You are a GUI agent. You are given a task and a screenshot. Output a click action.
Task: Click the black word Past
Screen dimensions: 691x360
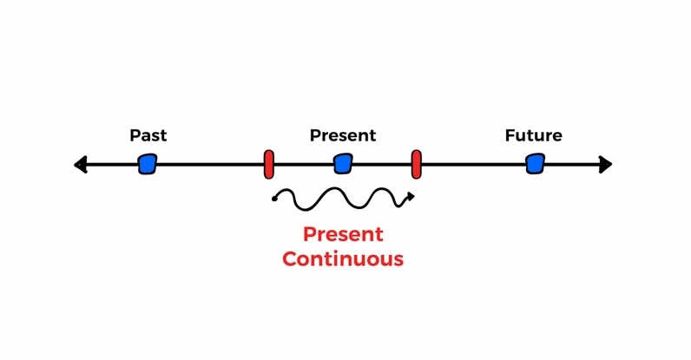[148, 135]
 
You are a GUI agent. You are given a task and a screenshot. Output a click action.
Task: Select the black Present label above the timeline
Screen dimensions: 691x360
[343, 135]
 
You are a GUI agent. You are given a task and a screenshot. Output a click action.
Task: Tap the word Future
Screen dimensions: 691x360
[533, 135]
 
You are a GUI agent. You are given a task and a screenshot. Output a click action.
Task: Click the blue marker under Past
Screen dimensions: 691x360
[148, 164]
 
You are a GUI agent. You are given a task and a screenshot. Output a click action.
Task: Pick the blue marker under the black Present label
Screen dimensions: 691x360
[343, 164]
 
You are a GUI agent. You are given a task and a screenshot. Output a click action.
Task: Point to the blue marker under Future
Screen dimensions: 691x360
[535, 164]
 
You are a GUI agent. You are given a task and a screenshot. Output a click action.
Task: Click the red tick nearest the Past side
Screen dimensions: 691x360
[269, 164]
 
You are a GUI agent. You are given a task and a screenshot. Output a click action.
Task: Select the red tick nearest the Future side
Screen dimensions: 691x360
[416, 164]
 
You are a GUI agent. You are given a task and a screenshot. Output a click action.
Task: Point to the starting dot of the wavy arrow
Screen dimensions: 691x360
[274, 200]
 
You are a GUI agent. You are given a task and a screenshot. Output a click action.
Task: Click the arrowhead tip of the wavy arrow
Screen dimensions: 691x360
[414, 197]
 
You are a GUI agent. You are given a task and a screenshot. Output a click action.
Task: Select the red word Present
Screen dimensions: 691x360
[343, 234]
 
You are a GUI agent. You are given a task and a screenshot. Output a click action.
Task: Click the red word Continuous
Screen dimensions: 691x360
[343, 259]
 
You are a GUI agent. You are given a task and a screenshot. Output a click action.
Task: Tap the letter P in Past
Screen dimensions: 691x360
[134, 135]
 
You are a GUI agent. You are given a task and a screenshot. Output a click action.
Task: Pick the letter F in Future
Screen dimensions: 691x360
[510, 135]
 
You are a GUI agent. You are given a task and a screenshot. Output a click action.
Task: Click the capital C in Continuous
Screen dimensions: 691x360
[289, 259]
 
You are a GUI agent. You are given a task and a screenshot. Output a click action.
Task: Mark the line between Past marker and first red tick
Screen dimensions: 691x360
[210, 164]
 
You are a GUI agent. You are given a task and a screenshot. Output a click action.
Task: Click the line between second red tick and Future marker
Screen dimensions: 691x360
[474, 164]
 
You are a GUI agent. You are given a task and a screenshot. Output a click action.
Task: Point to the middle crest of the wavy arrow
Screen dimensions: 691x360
[335, 188]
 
